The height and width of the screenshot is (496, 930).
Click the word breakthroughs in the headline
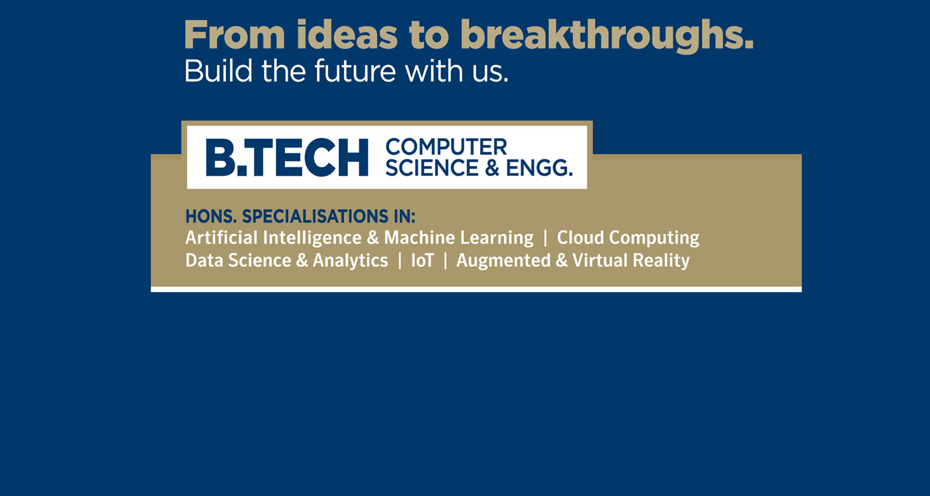pos(607,36)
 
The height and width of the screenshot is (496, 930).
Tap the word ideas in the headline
pos(346,34)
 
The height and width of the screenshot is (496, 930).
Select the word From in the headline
pos(234,34)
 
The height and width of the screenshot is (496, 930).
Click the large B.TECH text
pos(287,157)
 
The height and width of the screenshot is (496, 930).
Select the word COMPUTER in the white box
pos(446,147)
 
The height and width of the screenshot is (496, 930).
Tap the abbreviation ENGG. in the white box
pos(539,167)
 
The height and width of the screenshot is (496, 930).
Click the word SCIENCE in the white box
pos(432,167)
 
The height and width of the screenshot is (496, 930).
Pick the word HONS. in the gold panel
pos(211,216)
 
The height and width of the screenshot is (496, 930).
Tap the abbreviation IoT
pos(422,260)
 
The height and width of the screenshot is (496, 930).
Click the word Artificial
pos(221,238)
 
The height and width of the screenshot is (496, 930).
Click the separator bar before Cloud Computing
pos(545,238)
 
